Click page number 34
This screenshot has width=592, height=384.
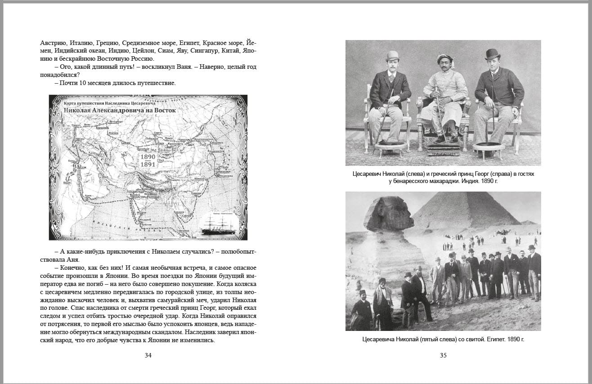(148, 355)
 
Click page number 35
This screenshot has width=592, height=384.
(443, 355)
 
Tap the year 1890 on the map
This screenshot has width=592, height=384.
(148, 157)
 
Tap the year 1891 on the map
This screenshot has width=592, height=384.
(148, 165)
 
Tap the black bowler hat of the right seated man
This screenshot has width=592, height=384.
(493, 54)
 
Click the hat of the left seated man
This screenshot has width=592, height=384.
(392, 55)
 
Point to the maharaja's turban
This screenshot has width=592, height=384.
(444, 58)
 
